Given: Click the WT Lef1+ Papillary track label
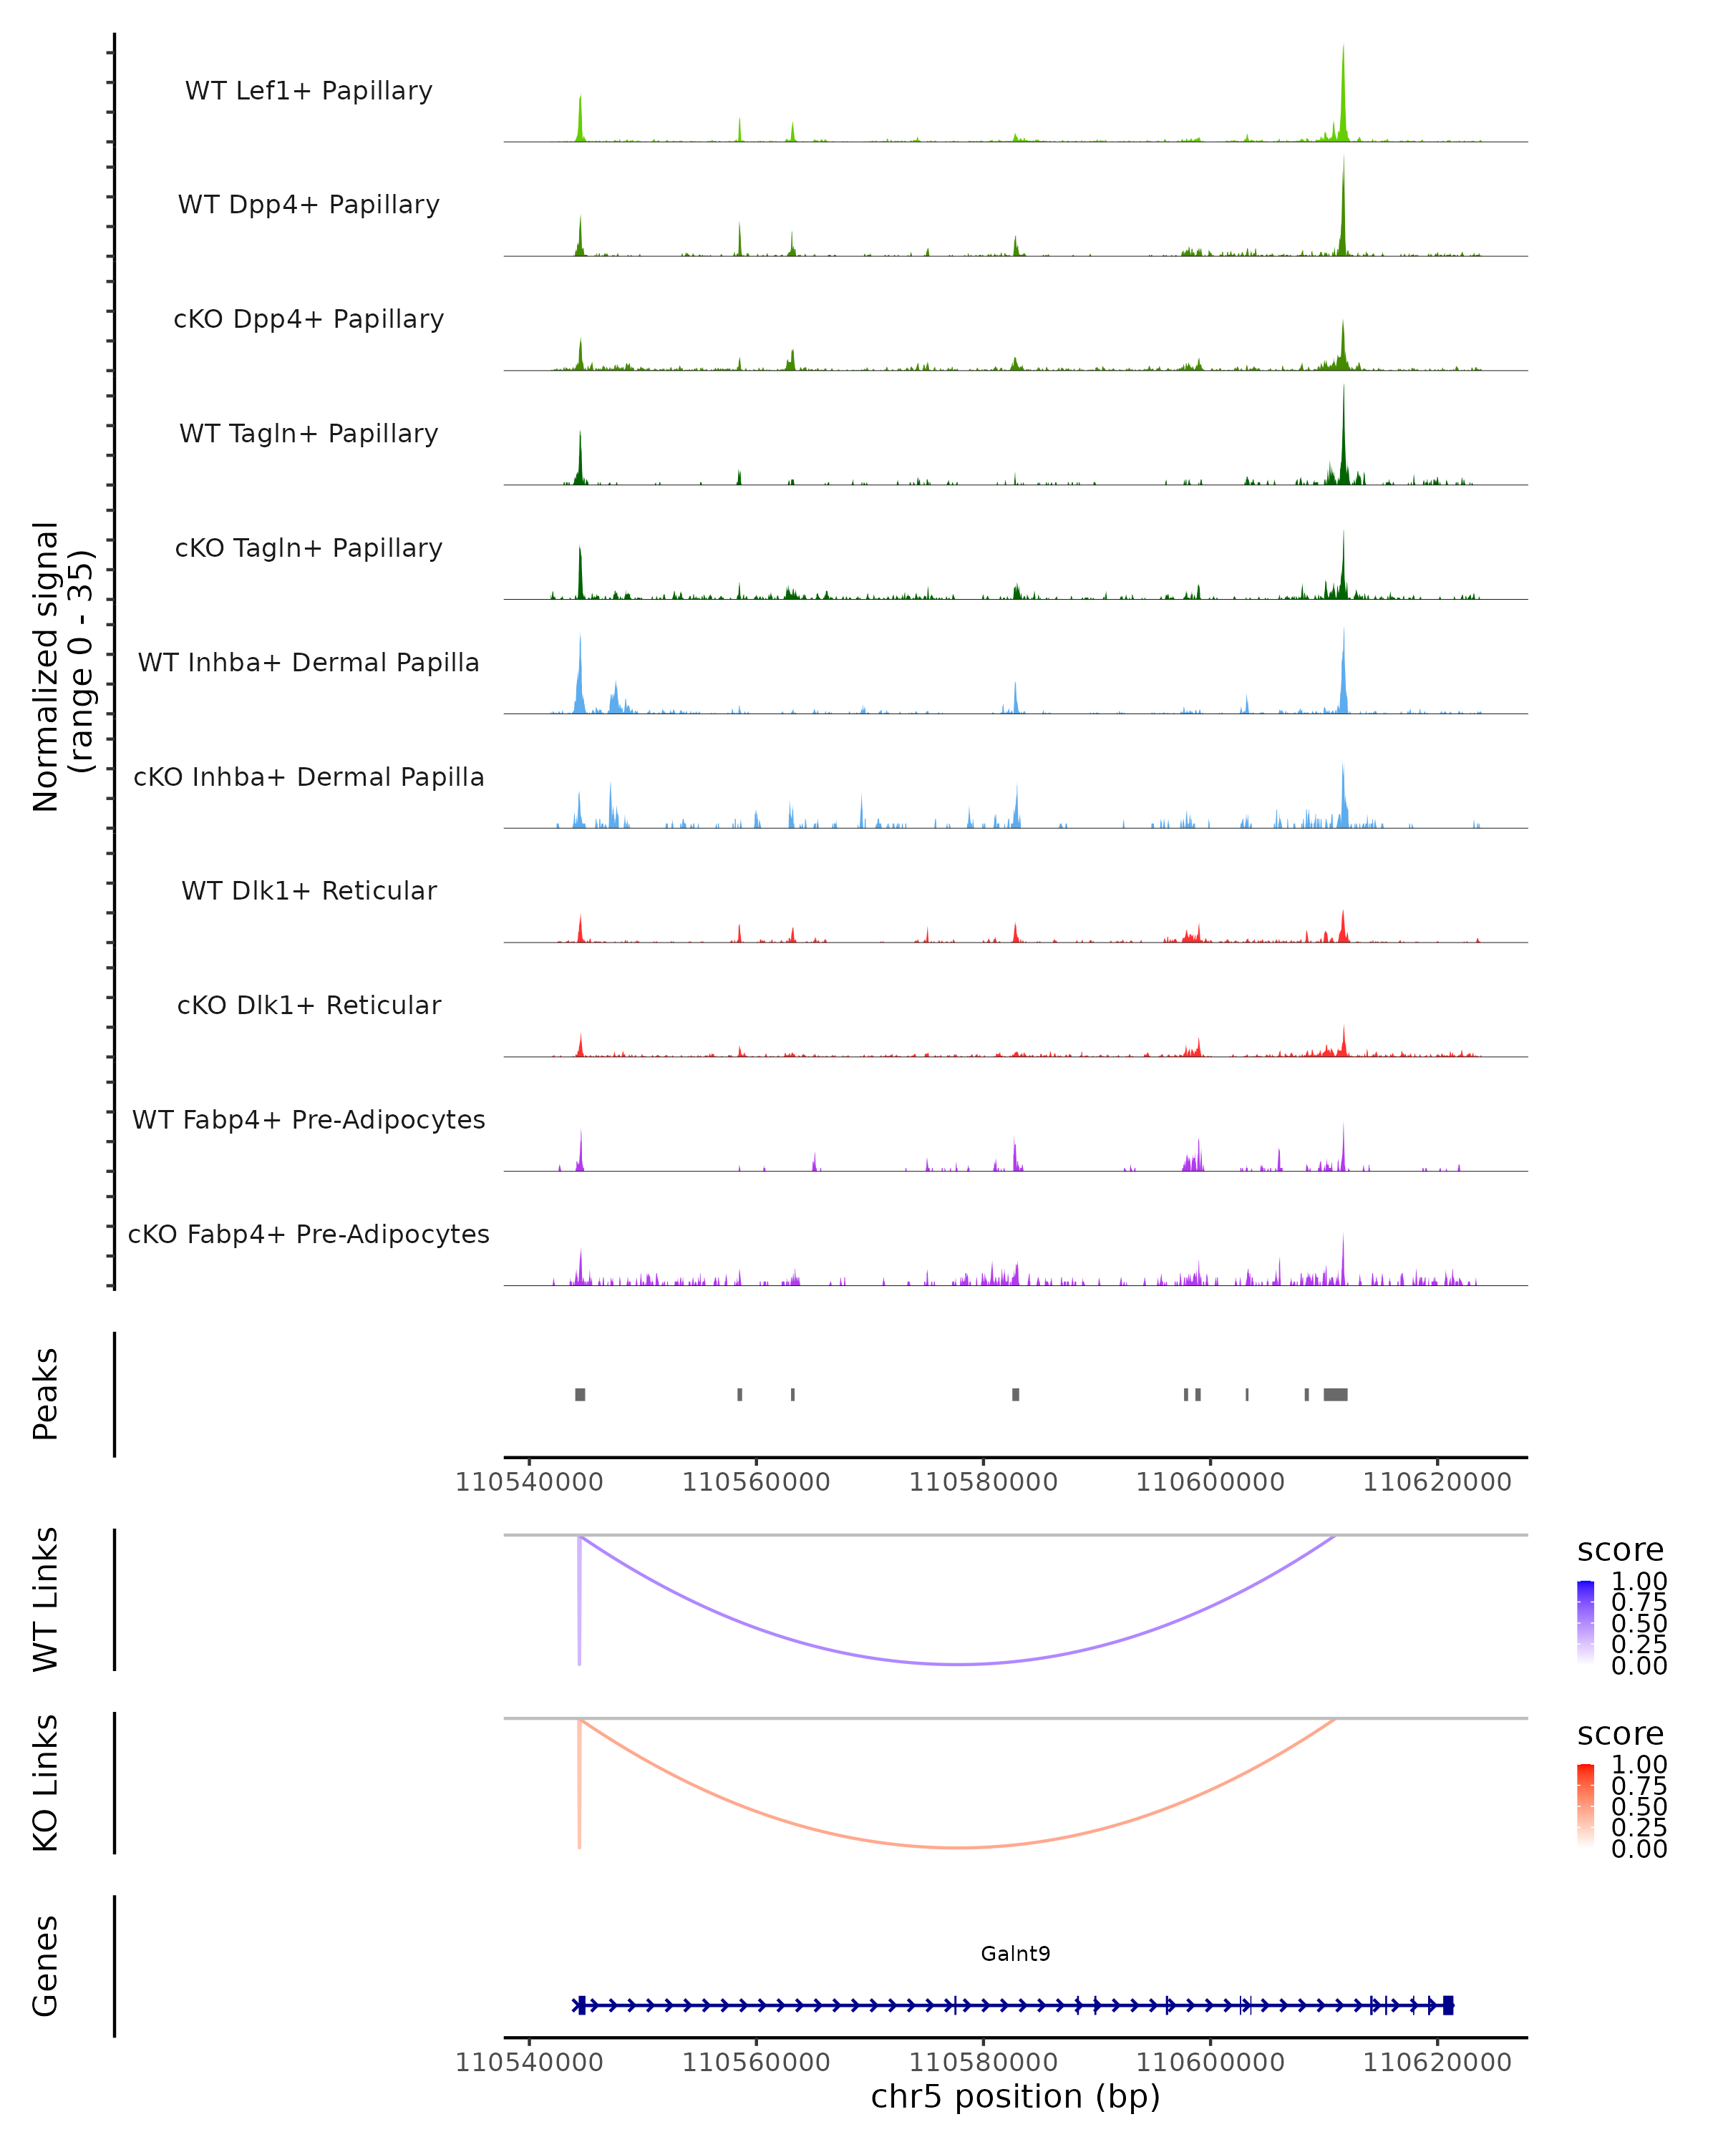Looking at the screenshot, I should click(x=309, y=91).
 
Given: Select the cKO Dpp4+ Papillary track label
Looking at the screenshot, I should click(x=309, y=320).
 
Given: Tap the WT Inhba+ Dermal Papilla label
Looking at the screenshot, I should click(x=309, y=663).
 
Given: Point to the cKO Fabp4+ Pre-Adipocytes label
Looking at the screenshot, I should click(x=309, y=1235).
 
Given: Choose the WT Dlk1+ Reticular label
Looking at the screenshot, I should click(x=309, y=891).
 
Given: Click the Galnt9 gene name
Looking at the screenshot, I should click(x=1015, y=1954).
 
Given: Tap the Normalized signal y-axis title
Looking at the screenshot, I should click(x=62, y=666).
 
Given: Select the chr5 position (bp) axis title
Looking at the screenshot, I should click(x=1015, y=2096).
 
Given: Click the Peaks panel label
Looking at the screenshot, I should click(x=46, y=1394).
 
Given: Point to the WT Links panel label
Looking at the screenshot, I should click(x=46, y=1600).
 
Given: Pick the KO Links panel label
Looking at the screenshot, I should click(x=46, y=1783).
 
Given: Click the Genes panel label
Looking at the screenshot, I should click(x=46, y=1966).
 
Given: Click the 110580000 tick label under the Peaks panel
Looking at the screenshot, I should click(x=983, y=1482).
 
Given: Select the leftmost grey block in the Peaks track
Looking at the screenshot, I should click(x=580, y=1394).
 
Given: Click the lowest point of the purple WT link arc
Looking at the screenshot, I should click(x=958, y=1664).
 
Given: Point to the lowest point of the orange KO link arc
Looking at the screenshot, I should click(x=956, y=1847).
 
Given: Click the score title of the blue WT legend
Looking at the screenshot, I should click(x=1619, y=1551).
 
